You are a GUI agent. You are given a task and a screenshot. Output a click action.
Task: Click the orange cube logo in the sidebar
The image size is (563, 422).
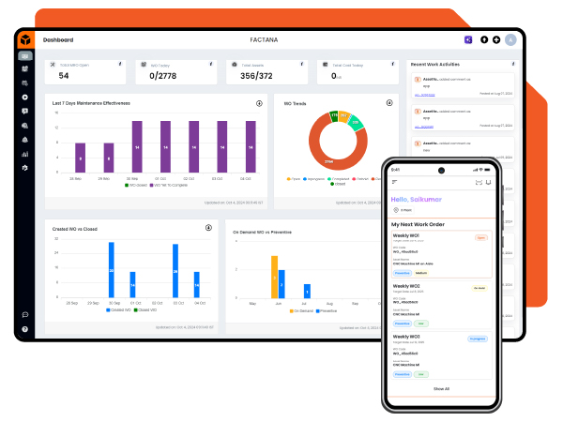click(25, 39)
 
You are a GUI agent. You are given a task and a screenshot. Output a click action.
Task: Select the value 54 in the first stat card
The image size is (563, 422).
click(64, 76)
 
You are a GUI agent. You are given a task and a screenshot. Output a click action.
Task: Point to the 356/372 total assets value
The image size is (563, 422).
click(251, 76)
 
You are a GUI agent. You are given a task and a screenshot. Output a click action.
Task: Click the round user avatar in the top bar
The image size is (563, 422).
click(510, 39)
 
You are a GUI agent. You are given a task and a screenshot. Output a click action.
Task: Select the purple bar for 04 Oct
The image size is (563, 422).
click(246, 146)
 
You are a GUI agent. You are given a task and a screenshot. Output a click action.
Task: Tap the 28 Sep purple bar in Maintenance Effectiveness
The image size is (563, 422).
click(108, 157)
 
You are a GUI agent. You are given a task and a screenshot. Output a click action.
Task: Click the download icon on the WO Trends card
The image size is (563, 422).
click(389, 102)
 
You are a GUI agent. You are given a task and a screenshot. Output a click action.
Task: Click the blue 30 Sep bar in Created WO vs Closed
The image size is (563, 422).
click(111, 270)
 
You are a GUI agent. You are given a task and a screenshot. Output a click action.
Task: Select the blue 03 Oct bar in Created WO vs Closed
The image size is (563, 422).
click(175, 271)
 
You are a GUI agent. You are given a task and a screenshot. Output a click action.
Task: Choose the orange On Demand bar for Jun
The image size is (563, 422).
click(275, 277)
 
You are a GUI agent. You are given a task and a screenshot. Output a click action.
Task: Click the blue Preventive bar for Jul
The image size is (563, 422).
click(306, 291)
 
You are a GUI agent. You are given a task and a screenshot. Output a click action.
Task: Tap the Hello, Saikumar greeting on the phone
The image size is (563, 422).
click(418, 199)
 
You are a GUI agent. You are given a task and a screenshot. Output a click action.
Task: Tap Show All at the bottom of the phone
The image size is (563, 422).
click(440, 388)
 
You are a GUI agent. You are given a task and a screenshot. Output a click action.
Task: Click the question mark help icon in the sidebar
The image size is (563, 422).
click(25, 329)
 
